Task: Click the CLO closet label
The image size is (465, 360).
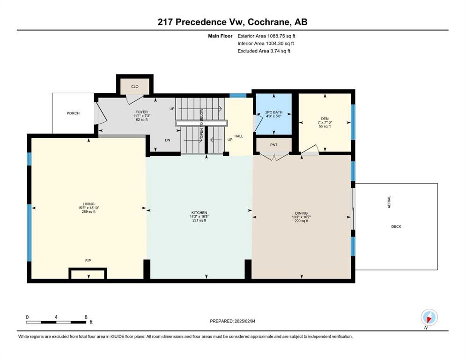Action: click(135, 87)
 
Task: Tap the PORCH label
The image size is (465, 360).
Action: click(73, 113)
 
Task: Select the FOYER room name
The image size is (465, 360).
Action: click(141, 112)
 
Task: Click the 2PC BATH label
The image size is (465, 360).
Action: click(274, 112)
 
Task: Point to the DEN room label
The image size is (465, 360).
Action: click(325, 119)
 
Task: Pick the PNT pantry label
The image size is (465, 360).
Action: click(274, 145)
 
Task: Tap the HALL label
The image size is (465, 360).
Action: click(239, 136)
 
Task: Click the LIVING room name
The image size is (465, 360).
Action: click(89, 204)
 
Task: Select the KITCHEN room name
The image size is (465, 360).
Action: click(199, 212)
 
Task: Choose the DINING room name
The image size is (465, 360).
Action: click(301, 213)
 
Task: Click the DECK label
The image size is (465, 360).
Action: click(396, 226)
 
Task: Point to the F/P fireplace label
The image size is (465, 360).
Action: click(88, 261)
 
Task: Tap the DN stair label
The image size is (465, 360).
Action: click(168, 140)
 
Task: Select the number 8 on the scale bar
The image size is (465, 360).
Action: click(86, 317)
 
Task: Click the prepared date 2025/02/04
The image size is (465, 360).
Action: click(245, 321)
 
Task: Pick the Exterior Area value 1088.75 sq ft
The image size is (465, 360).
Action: click(281, 36)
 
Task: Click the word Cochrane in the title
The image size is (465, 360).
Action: click(269, 22)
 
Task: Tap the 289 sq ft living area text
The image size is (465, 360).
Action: click(89, 211)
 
